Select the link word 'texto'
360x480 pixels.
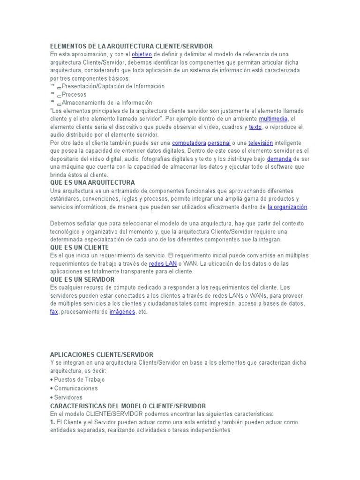coord(255,127)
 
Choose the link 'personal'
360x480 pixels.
coord(219,142)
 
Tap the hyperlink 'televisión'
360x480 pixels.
coord(260,142)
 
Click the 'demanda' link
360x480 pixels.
coord(279,159)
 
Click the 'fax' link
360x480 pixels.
coord(54,312)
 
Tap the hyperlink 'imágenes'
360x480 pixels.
coord(122,312)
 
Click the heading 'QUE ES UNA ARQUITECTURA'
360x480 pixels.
coord(92,182)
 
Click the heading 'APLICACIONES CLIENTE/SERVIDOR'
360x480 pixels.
coord(102,355)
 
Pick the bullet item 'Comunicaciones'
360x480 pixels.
coord(75,388)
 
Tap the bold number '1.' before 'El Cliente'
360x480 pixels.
coord(52,422)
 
